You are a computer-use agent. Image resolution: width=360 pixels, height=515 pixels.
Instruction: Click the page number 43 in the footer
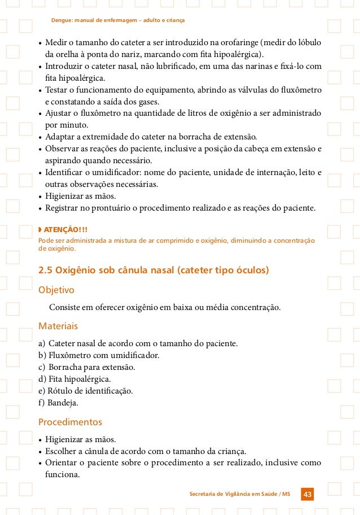(308, 495)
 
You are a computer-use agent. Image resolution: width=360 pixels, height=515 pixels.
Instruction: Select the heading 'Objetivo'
(56, 290)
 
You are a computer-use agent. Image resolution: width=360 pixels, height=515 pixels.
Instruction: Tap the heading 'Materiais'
(58, 326)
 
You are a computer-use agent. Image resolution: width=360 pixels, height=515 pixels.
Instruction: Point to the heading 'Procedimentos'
(70, 422)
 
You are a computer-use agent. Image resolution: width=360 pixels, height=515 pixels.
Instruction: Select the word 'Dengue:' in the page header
(63, 20)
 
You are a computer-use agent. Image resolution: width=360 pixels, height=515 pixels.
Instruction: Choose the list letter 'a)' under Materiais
(42, 343)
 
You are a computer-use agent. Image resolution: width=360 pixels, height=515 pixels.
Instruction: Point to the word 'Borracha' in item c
(65, 367)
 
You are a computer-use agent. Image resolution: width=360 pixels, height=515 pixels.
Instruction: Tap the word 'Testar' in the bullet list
(57, 90)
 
